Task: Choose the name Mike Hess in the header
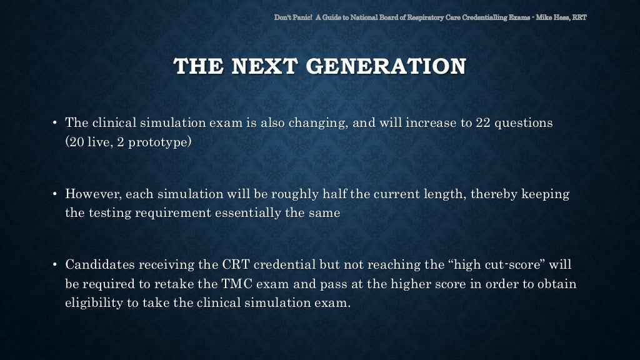557,17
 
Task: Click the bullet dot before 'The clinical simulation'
55,122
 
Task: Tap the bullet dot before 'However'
55,194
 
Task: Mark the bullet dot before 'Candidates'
55,264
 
